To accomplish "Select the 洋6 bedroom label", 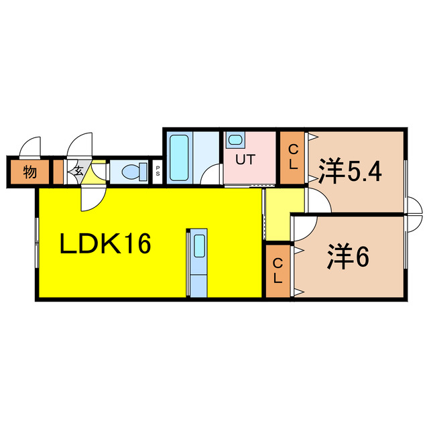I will [x=349, y=258].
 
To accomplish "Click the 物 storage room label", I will [x=29, y=172].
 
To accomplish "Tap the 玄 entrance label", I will [x=78, y=172].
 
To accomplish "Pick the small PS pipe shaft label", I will [x=158, y=172].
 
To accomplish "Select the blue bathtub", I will [x=179, y=158].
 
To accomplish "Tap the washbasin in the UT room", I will [x=234, y=141].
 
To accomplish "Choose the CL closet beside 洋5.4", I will [x=293, y=158].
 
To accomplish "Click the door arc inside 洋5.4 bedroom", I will [x=318, y=201].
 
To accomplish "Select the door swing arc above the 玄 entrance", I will [x=80, y=145].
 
